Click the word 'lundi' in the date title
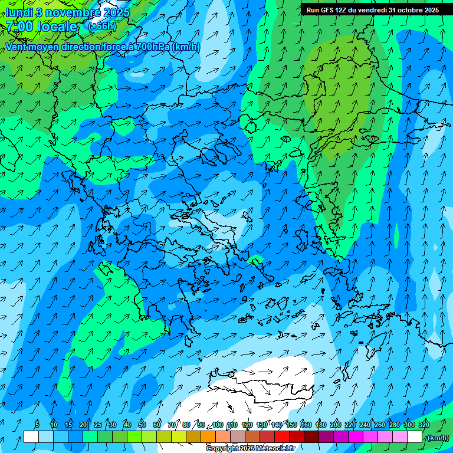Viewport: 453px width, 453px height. (x=19, y=12)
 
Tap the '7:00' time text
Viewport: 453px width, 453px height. (x=19, y=27)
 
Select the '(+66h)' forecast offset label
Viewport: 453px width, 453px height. (x=102, y=27)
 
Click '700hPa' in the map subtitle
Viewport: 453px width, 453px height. (x=150, y=47)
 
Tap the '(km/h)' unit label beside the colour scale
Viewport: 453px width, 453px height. (x=437, y=438)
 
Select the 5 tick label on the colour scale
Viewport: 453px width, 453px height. (x=37, y=425)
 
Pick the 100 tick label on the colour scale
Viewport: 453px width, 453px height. (x=218, y=425)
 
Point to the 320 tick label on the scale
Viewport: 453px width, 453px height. (x=424, y=425)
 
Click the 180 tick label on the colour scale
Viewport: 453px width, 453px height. (x=321, y=425)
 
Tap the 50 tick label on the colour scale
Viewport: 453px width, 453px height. (x=142, y=425)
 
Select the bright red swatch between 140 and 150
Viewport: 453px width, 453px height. (x=282, y=437)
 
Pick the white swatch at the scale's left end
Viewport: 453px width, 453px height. (x=31, y=437)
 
